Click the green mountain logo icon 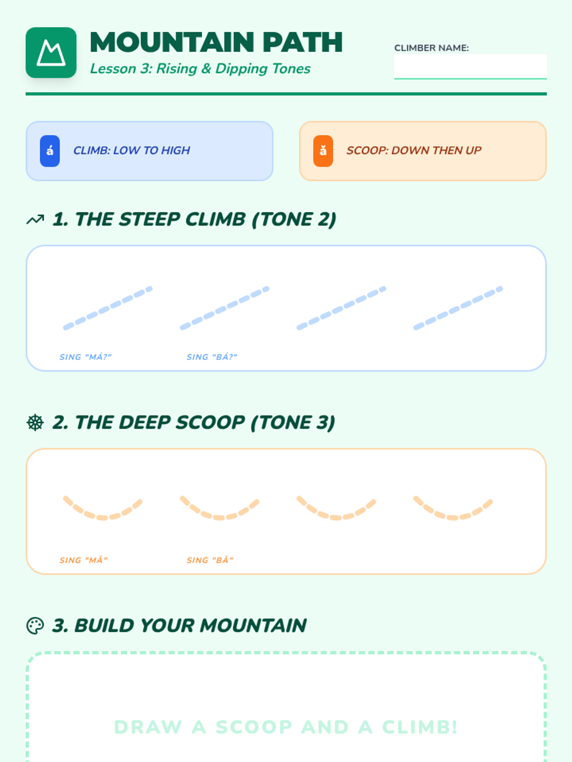coord(51,53)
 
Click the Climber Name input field coord(470,66)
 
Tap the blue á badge coord(50,151)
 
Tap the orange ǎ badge coord(323,151)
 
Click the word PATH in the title coord(303,42)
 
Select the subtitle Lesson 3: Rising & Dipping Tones coord(200,69)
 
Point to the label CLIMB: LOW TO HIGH coord(132,150)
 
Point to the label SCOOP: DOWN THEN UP coord(414,150)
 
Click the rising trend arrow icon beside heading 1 coord(35,220)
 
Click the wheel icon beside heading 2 coord(35,422)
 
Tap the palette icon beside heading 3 coord(35,626)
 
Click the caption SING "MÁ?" coord(85,357)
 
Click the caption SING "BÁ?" coord(212,357)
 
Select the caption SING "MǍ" coord(84,560)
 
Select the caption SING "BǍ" coord(210,560)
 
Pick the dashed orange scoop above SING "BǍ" coord(219,517)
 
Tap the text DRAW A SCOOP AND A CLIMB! coord(286,727)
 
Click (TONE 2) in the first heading coord(294,220)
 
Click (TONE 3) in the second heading coord(292,422)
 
